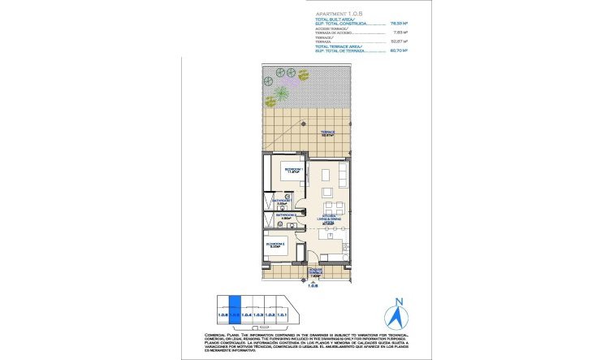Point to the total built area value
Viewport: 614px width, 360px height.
tap(400, 24)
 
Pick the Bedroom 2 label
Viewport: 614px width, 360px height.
tap(275, 244)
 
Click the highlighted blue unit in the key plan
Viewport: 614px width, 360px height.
tap(235, 306)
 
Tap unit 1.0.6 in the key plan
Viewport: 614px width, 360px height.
tap(223, 314)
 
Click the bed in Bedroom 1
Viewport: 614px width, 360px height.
tap(292, 172)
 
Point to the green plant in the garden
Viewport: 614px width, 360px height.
tap(278, 94)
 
